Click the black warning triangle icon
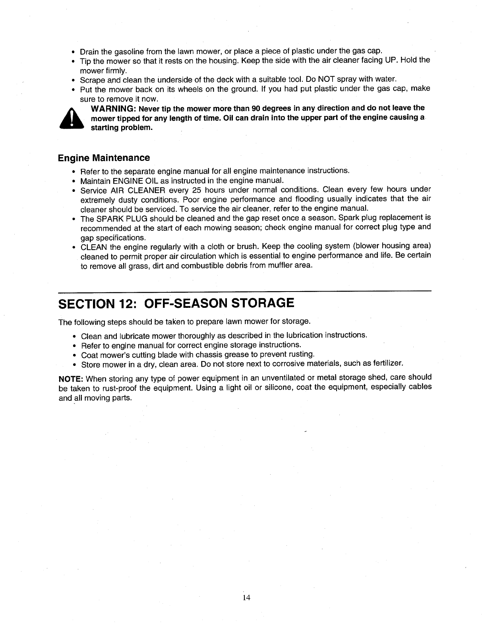72,118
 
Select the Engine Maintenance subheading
104,158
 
